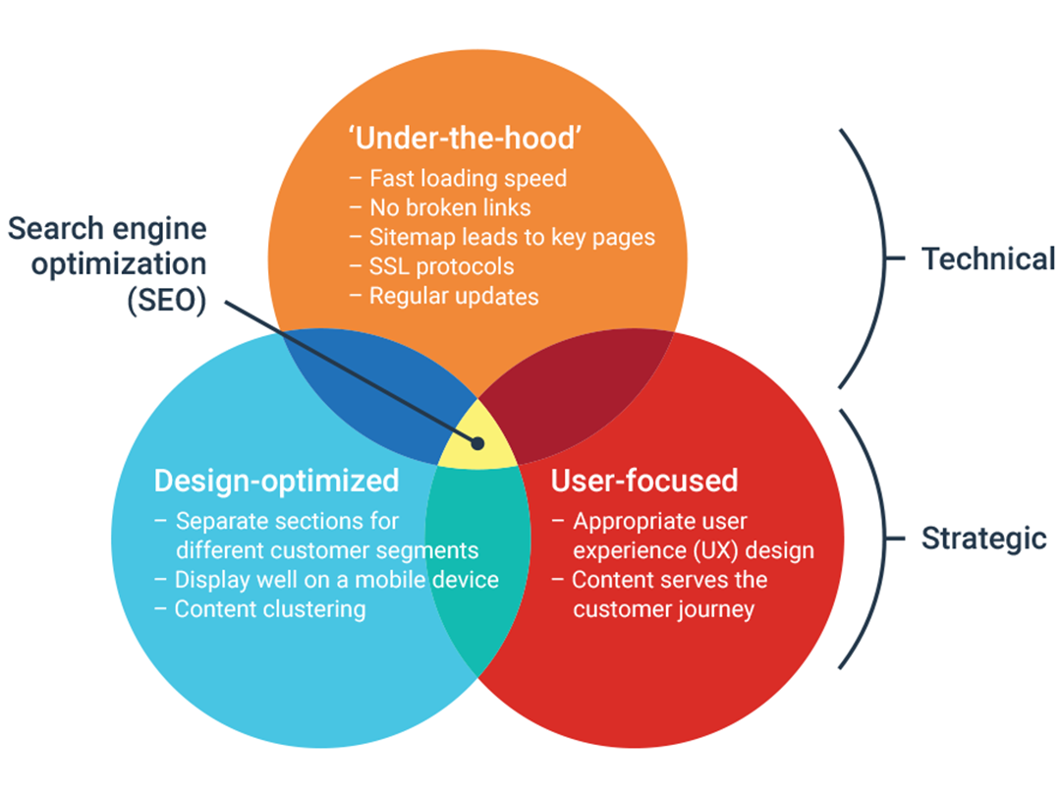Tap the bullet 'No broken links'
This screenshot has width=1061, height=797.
pyautogui.click(x=450, y=208)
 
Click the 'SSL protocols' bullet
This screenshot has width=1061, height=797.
pyautogui.click(x=441, y=266)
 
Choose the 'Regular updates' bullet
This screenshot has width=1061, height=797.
pyautogui.click(x=453, y=296)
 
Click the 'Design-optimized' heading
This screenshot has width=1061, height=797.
pyautogui.click(x=276, y=481)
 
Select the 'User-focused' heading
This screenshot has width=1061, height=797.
pyautogui.click(x=643, y=481)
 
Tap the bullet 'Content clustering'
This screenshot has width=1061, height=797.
pyautogui.click(x=269, y=609)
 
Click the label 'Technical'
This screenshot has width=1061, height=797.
pyautogui.click(x=987, y=259)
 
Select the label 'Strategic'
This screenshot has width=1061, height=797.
pyautogui.click(x=983, y=539)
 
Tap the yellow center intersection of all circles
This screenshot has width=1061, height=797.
pyautogui.click(x=477, y=437)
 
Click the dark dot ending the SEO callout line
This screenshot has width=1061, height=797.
pyautogui.click(x=477, y=443)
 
